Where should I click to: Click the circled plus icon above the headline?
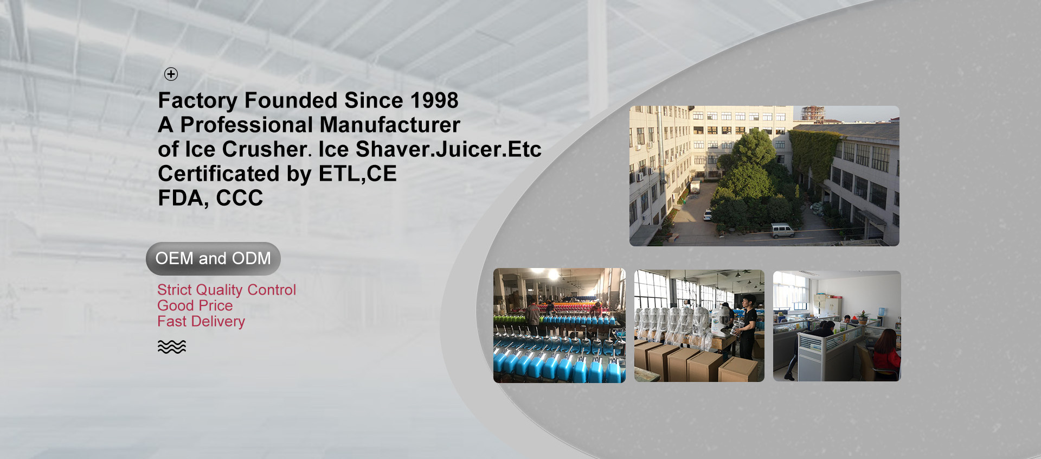click(x=171, y=74)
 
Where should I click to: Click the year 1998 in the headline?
click(x=434, y=100)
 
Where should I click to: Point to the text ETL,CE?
click(x=358, y=174)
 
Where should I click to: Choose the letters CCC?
click(x=240, y=198)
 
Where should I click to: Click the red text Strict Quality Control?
click(x=227, y=290)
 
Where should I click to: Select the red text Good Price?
click(x=195, y=305)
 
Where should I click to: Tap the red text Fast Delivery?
click(x=201, y=321)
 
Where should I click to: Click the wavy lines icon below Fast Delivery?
click(x=172, y=347)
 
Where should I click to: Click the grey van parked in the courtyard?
click(x=783, y=231)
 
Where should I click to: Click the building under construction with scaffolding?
click(x=813, y=114)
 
